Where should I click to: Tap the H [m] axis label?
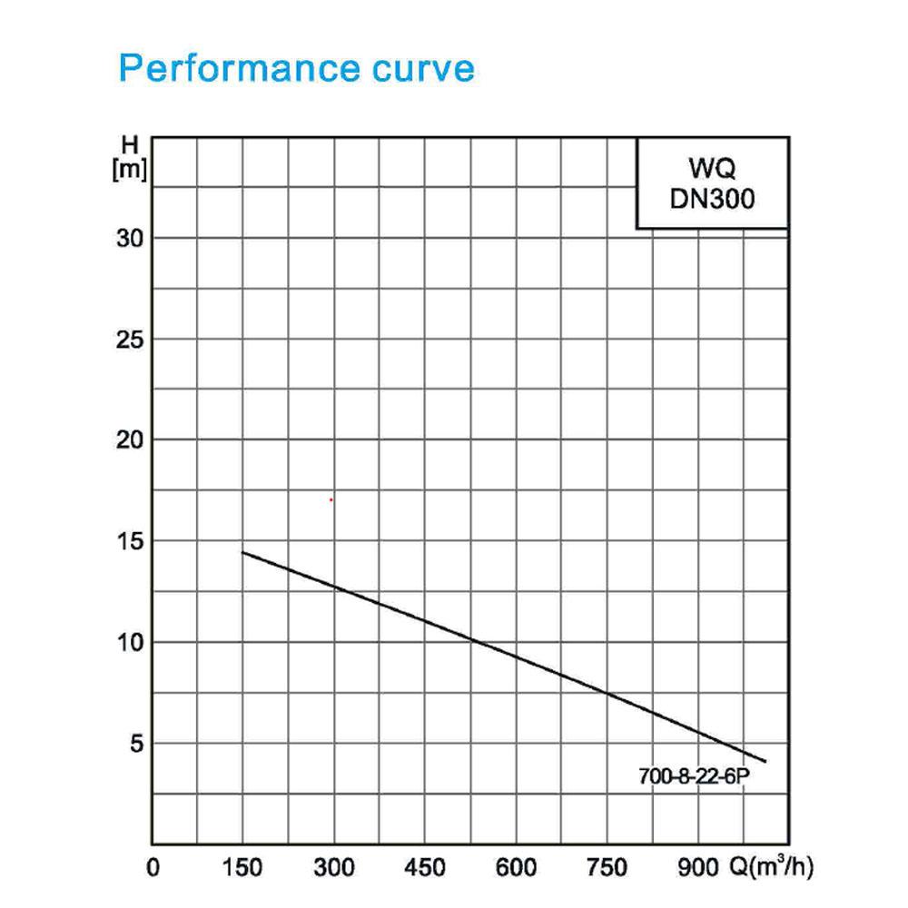click(130, 157)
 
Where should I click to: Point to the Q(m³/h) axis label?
click(771, 867)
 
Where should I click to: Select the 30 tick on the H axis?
click(130, 238)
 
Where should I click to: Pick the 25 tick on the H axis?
click(130, 340)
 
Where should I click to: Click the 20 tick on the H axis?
click(130, 440)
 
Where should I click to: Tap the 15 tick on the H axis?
click(130, 541)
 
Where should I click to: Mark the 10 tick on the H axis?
click(130, 642)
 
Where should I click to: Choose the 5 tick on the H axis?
click(136, 744)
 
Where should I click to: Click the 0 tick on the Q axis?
click(153, 867)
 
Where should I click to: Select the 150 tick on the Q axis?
click(242, 867)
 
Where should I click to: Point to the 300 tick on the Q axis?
click(334, 867)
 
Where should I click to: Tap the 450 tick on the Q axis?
click(425, 867)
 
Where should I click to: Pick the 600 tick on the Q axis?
click(516, 867)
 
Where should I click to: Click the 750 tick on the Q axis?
click(607, 867)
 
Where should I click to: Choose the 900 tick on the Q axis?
click(698, 867)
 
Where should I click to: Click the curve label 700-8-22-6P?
click(694, 776)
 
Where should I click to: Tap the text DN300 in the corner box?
click(712, 199)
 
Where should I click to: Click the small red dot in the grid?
click(331, 499)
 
